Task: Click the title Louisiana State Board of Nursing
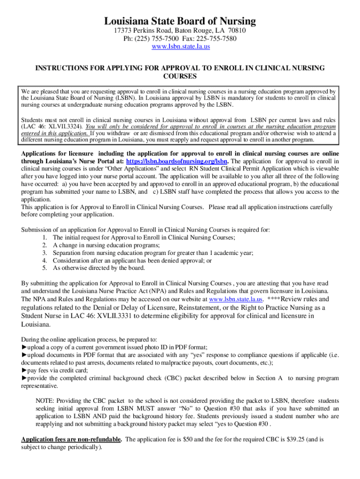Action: click(180, 21)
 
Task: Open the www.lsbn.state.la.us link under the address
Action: click(180, 47)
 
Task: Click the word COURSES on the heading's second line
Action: click(180, 76)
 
